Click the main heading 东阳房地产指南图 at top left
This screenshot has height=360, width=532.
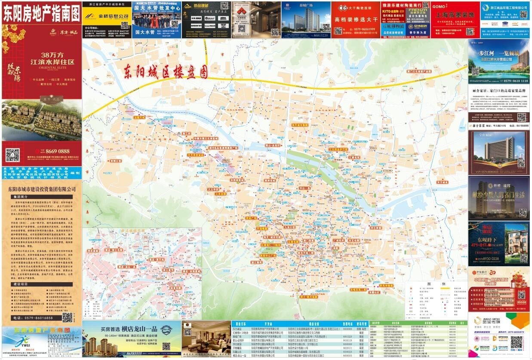tap(41, 14)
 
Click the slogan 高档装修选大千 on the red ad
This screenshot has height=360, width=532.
tap(355, 19)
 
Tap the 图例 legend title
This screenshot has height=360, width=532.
tap(434, 284)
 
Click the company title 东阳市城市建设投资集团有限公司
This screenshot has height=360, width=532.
tap(42, 188)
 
